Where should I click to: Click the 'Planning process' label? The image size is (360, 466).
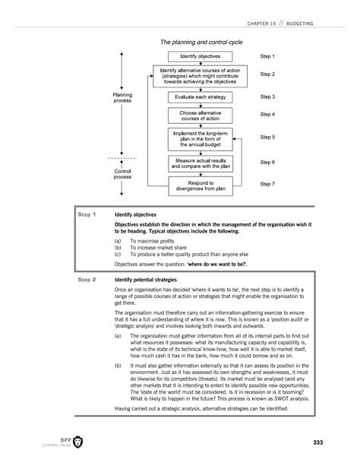122,98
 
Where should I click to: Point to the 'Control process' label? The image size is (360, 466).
122,175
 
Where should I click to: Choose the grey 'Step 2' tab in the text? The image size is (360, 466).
88,279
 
